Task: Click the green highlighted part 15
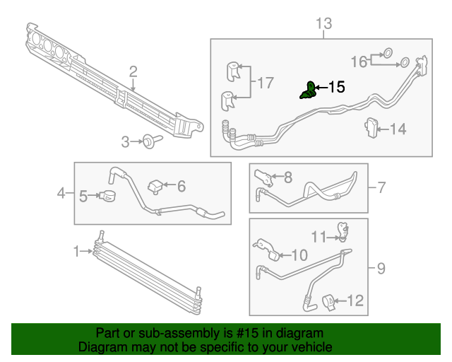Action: tap(308, 90)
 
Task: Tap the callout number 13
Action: tap(323, 25)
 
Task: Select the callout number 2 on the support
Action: tap(133, 71)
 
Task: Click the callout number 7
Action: tap(381, 187)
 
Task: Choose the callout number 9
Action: tap(381, 268)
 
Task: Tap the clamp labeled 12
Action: tap(330, 302)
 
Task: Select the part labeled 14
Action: tap(371, 128)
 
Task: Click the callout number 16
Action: tap(359, 62)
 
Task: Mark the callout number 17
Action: tap(265, 83)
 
